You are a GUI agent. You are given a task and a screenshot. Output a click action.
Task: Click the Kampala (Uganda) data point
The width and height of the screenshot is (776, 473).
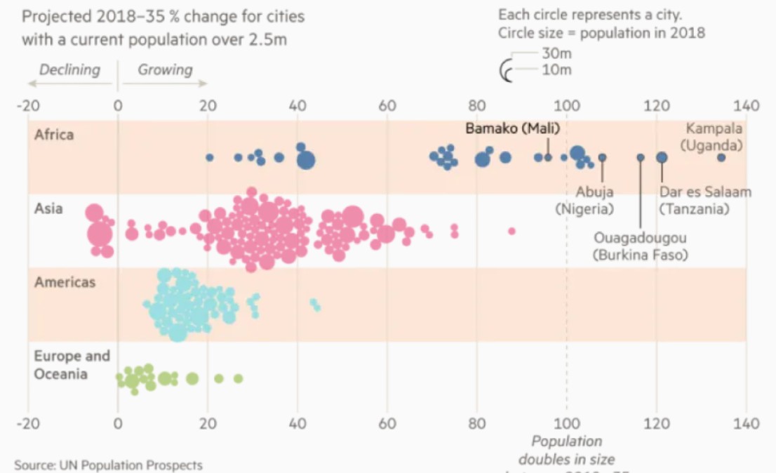point(721,158)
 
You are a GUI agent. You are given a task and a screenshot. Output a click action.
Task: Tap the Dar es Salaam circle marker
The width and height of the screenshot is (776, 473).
point(662,158)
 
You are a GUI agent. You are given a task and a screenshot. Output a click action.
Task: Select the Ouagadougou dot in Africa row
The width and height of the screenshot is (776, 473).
point(641,158)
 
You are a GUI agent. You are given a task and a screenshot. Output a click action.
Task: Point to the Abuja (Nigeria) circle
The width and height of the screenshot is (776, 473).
point(602,158)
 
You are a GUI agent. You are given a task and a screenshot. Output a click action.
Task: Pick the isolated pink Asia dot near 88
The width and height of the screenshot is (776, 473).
point(511,231)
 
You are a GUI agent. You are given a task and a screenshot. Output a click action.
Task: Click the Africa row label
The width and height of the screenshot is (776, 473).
point(53,134)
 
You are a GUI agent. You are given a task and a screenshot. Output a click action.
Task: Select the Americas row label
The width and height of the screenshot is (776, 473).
point(65,282)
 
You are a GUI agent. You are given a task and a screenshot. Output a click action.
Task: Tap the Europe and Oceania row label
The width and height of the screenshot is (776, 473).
point(72,365)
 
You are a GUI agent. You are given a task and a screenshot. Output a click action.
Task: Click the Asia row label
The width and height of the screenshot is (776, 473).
point(48,208)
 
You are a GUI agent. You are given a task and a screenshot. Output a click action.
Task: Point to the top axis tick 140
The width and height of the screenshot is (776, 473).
point(747,106)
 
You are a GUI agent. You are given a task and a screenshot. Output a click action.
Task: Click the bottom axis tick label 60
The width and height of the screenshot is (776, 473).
point(387,424)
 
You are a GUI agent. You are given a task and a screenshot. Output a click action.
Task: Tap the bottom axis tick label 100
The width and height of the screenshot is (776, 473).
point(566,424)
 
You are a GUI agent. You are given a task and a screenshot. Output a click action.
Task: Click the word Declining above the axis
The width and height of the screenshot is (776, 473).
point(69,69)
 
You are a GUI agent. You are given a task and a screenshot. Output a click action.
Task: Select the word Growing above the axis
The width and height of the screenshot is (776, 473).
point(165,69)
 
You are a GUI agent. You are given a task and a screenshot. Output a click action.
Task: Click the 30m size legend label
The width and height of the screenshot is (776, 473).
point(556,53)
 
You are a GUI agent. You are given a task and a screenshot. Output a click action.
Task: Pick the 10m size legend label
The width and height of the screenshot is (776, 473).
point(556,69)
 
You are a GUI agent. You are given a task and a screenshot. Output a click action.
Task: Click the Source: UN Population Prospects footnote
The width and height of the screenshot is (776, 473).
point(108,465)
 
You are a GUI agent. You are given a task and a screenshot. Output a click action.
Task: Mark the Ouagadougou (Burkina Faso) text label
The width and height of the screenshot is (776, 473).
point(641,246)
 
